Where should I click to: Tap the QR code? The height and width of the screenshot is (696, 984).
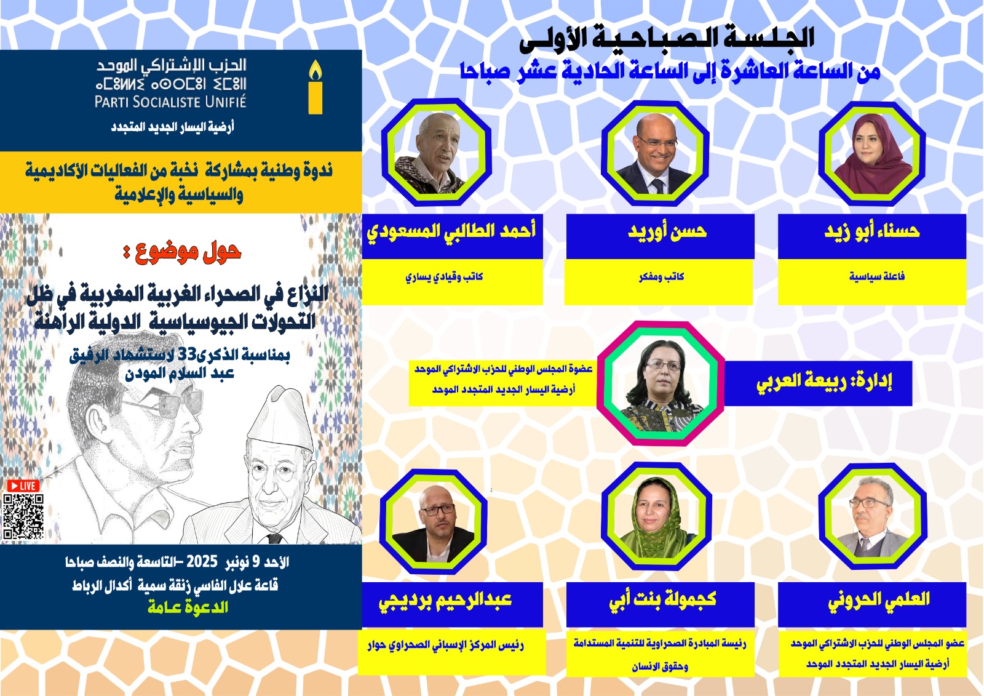24,517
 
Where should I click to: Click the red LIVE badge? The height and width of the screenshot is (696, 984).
24,486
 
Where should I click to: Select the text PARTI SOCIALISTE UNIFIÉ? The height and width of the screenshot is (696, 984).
170,102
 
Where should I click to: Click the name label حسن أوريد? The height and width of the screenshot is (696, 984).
667,231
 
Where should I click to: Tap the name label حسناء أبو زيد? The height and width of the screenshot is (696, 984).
872,231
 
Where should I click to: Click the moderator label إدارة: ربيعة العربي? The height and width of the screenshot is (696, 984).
824,382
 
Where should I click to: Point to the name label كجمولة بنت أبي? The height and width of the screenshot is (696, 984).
662,600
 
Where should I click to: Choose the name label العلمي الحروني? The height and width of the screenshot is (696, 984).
879,600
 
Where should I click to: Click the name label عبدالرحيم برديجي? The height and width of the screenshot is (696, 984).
445,600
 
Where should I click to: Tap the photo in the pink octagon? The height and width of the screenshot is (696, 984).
661,383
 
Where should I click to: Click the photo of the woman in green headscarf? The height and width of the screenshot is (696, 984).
656,518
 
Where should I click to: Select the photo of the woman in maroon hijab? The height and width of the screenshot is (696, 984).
872,154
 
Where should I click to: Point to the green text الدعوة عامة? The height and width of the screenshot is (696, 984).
188,607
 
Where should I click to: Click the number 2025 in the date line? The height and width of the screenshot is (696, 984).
202,561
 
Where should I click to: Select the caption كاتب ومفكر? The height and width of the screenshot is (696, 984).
661,277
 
